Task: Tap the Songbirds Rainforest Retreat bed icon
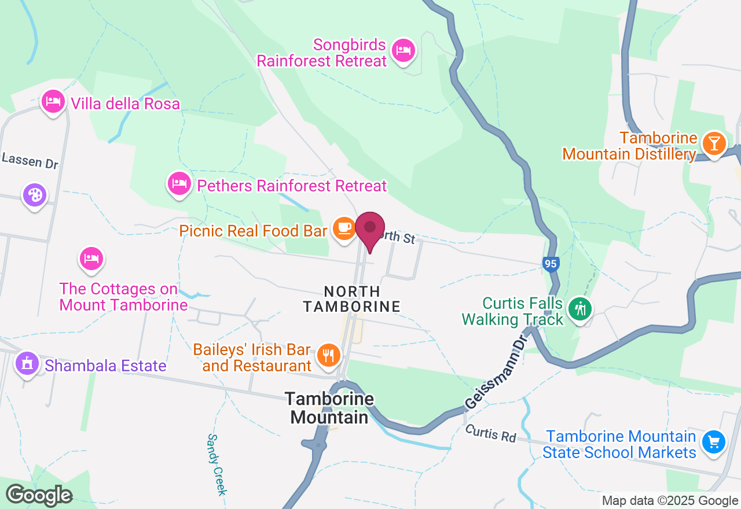pyautogui.click(x=403, y=50)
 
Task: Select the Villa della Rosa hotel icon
pyautogui.click(x=53, y=101)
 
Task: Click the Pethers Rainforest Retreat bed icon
pyautogui.click(x=179, y=184)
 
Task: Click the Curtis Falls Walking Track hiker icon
pyautogui.click(x=579, y=308)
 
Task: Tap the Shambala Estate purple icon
pyautogui.click(x=27, y=364)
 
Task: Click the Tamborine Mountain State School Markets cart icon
pyautogui.click(x=714, y=442)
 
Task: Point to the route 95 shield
pyautogui.click(x=551, y=264)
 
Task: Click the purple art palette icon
pyautogui.click(x=35, y=195)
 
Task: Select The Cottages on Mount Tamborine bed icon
pyautogui.click(x=91, y=259)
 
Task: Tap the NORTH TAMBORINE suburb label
pyautogui.click(x=352, y=299)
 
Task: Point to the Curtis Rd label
pyautogui.click(x=490, y=433)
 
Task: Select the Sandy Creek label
pyautogui.click(x=216, y=464)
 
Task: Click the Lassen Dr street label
pyautogui.click(x=30, y=160)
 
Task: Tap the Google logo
pyautogui.click(x=39, y=495)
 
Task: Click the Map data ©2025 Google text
pyautogui.click(x=670, y=501)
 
